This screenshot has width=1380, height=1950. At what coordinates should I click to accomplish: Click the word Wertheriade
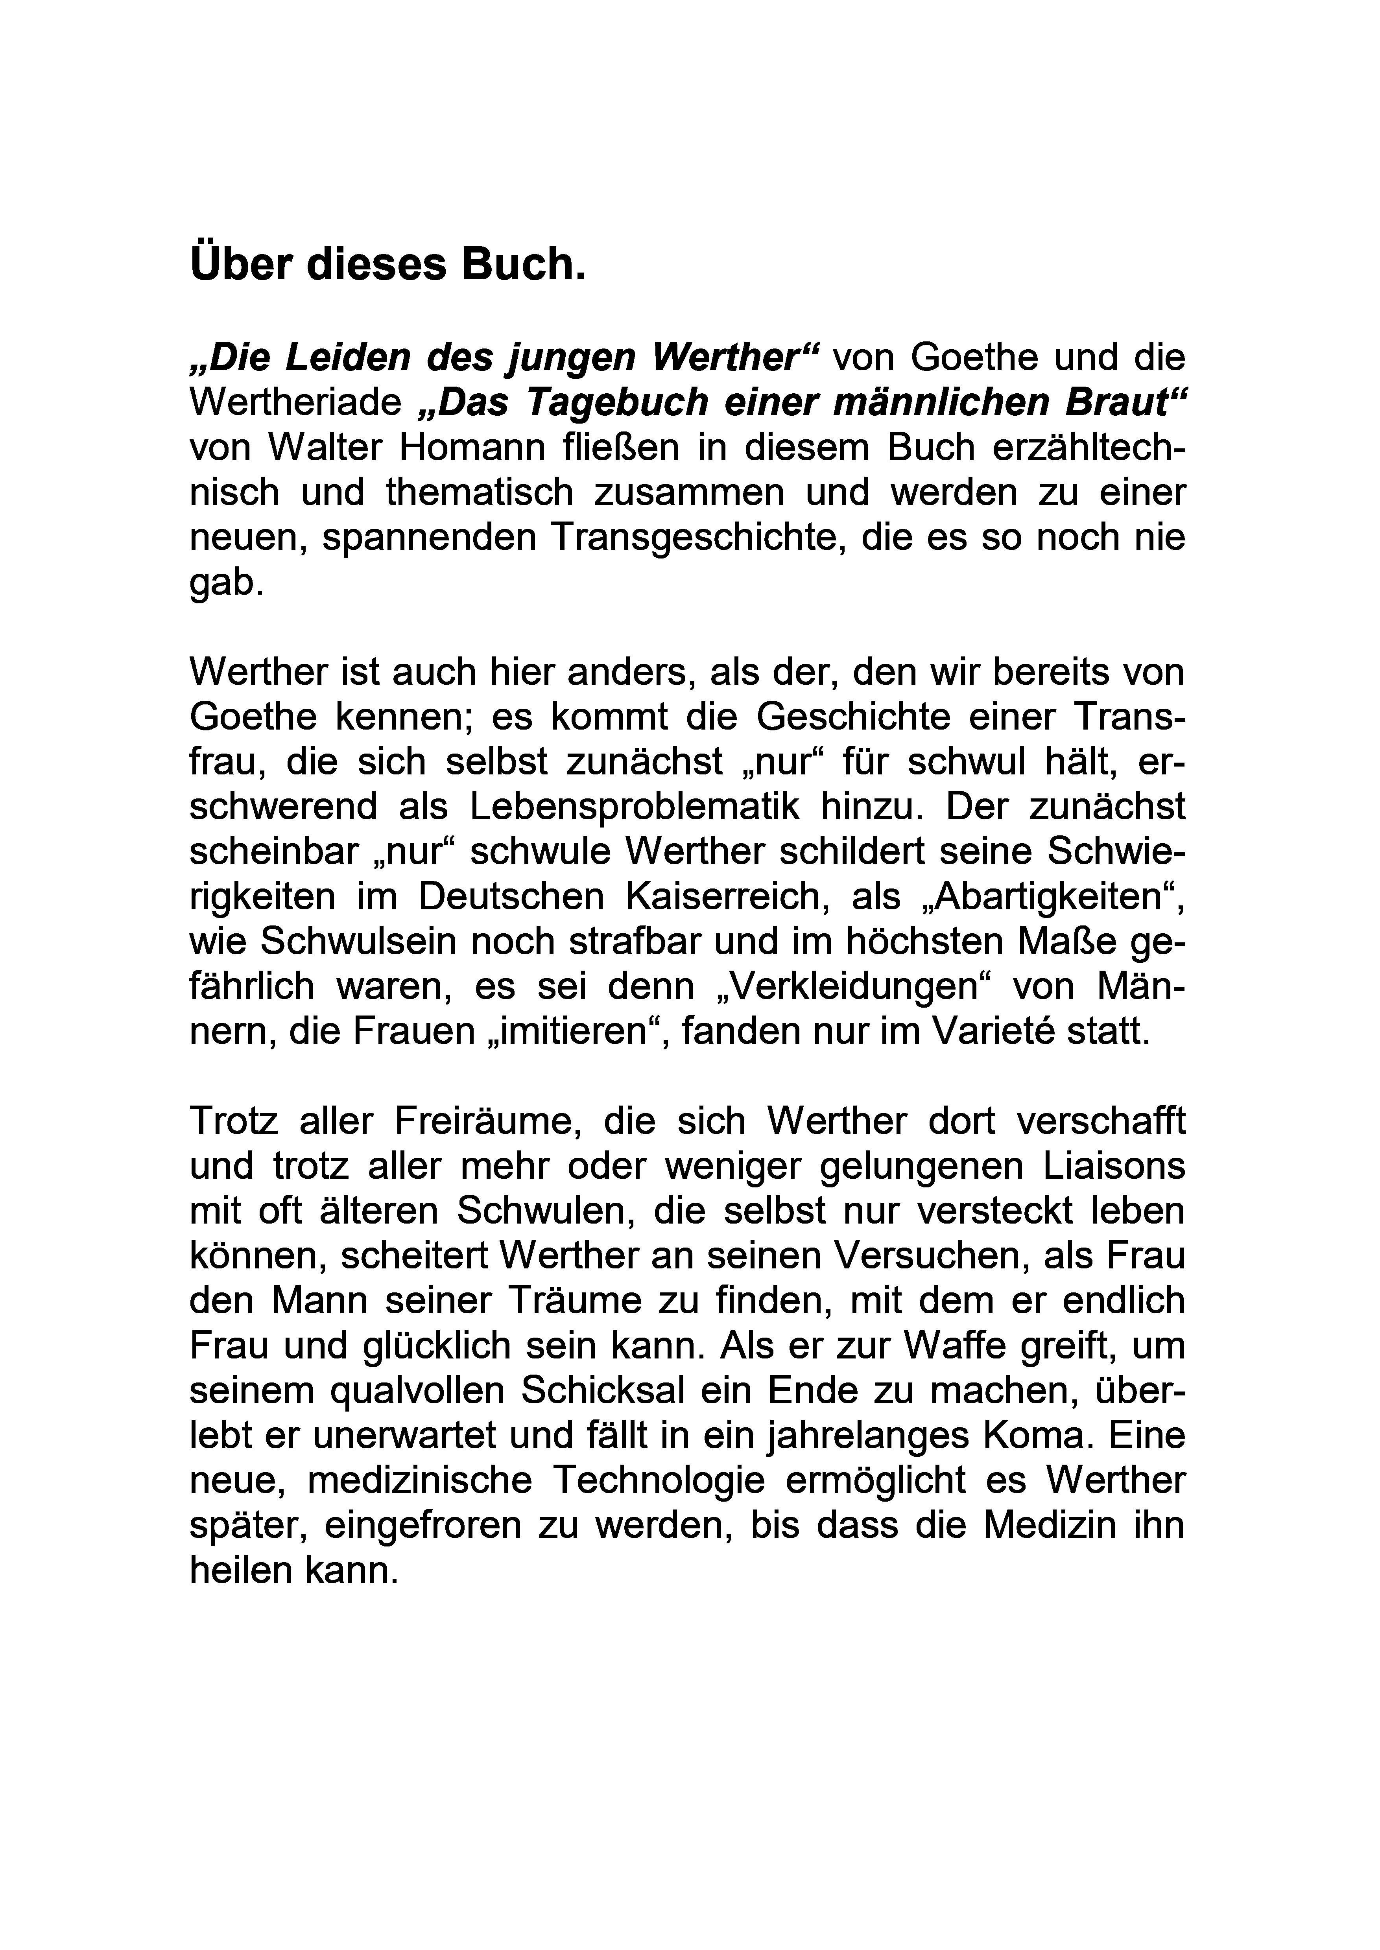point(295,403)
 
